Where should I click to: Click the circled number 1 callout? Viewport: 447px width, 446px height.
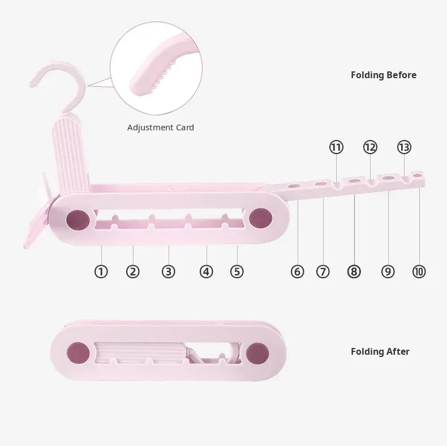tap(101, 271)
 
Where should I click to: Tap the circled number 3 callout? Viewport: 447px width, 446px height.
tap(168, 271)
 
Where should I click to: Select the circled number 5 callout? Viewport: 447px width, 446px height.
tap(237, 271)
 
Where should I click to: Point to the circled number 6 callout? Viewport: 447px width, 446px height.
tap(297, 271)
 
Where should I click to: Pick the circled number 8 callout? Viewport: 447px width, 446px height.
tap(354, 271)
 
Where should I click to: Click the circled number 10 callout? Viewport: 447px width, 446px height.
tap(419, 271)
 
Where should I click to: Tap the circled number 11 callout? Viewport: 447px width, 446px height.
tap(336, 147)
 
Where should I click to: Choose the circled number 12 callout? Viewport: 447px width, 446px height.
tap(370, 147)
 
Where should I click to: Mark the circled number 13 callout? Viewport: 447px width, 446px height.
tap(404, 147)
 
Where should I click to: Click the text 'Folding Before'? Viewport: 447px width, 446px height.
tap(383, 75)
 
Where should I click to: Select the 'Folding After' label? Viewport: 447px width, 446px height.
tap(380, 351)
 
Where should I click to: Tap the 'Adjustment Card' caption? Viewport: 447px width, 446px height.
tap(160, 128)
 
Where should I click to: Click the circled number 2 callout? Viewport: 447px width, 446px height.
tap(132, 271)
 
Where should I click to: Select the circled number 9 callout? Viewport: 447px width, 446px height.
tap(388, 271)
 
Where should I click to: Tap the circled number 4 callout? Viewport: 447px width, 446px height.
tap(206, 271)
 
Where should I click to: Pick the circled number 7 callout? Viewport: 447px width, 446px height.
tap(323, 271)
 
